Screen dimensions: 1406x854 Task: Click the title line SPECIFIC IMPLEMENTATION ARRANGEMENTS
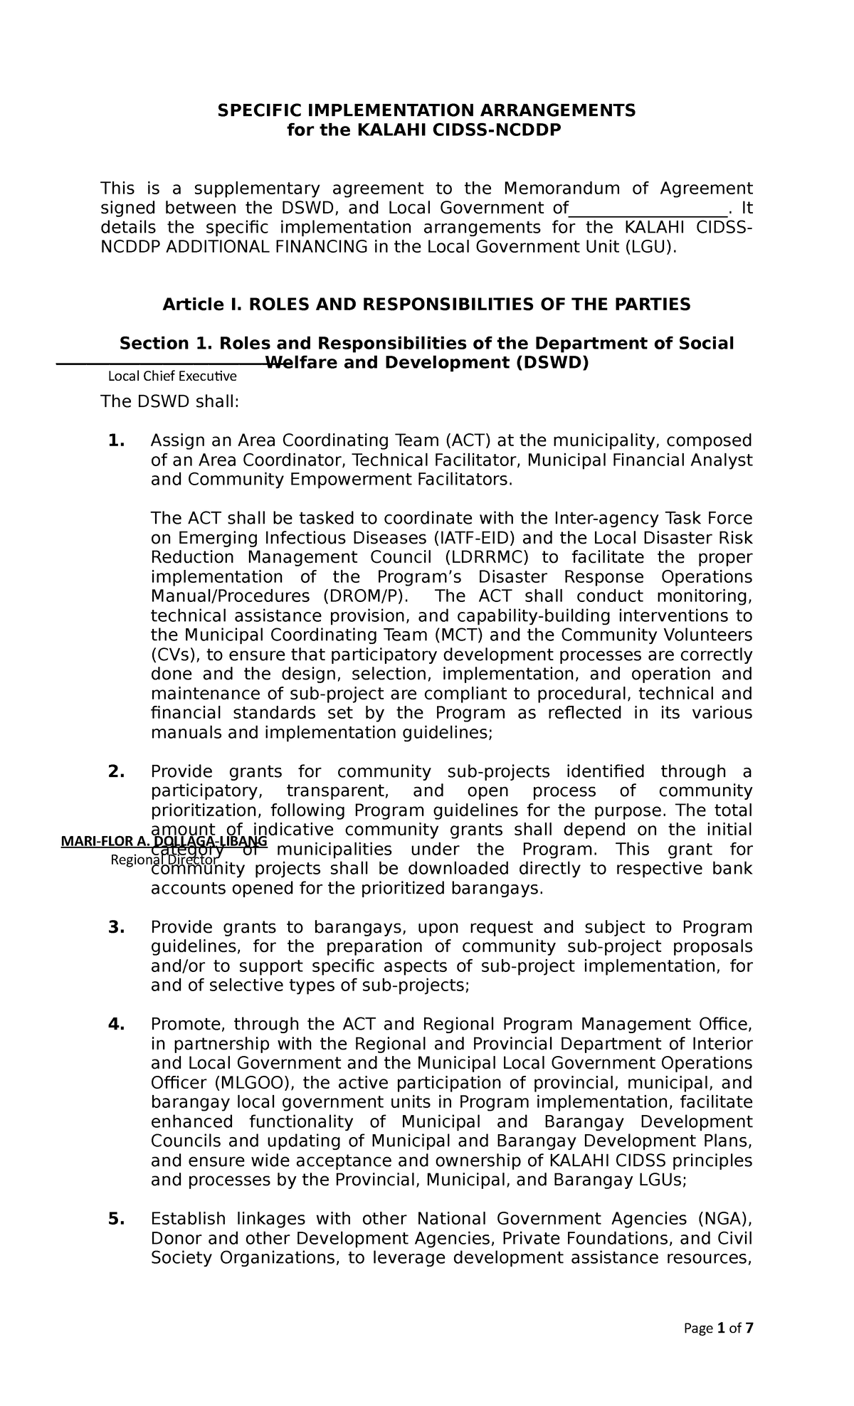click(x=426, y=110)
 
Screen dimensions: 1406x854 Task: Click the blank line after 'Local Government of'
click(x=648, y=208)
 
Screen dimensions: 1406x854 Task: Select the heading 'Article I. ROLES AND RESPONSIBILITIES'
click(x=426, y=305)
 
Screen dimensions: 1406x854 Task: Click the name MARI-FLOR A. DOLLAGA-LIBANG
click(x=164, y=842)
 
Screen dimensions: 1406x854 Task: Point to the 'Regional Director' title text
click(x=164, y=860)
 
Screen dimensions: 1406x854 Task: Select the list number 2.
click(x=116, y=771)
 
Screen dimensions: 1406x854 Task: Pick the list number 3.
click(x=116, y=927)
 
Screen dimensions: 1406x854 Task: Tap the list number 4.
click(x=116, y=1025)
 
